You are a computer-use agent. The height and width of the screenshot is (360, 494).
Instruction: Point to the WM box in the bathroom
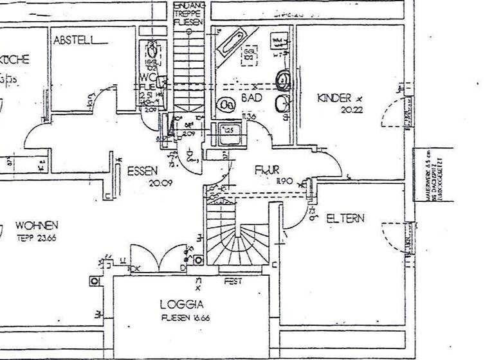click(x=278, y=42)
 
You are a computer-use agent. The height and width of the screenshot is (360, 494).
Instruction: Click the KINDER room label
click(x=335, y=98)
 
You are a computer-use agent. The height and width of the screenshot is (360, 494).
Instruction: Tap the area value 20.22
click(x=348, y=110)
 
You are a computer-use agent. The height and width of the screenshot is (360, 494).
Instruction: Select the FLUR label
click(x=267, y=171)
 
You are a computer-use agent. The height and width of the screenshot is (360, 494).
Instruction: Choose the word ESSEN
click(x=142, y=171)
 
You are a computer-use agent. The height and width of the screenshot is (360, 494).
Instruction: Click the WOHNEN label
click(x=37, y=226)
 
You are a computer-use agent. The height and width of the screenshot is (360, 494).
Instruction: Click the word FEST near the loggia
click(x=232, y=282)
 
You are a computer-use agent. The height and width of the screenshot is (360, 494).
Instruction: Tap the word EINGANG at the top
click(x=189, y=5)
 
